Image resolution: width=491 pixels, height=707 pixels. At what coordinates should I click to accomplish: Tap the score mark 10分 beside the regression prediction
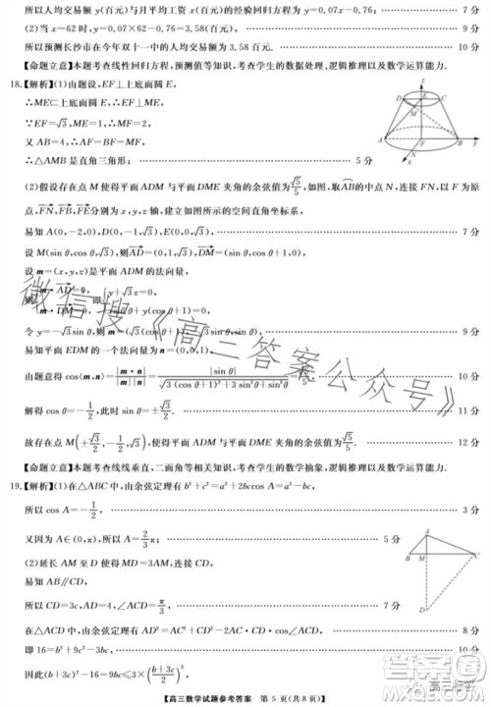pyautogui.click(x=465, y=45)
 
